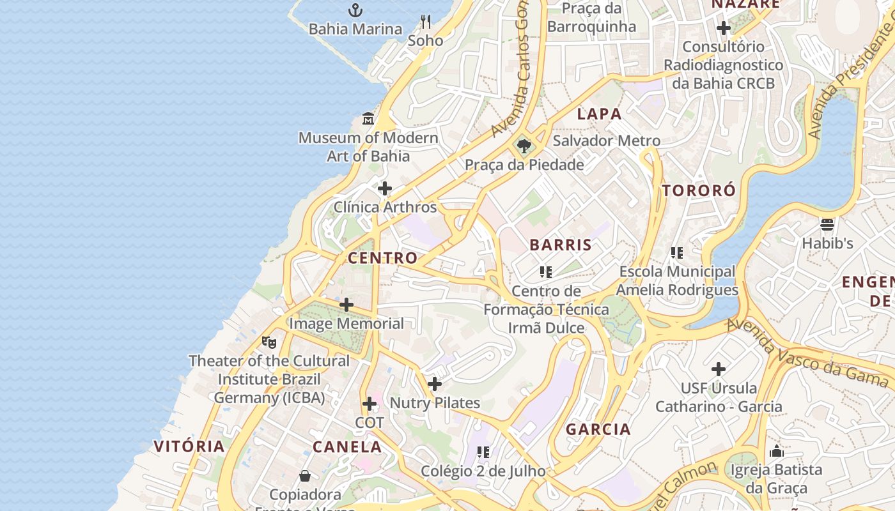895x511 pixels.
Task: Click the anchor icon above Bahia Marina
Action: (x=355, y=10)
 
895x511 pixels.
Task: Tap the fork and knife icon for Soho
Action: (x=426, y=22)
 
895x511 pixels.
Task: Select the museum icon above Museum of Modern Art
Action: (x=368, y=119)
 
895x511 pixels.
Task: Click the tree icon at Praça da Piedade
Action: (x=524, y=146)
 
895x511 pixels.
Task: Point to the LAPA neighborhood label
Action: (x=599, y=114)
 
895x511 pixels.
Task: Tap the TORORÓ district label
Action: (x=699, y=190)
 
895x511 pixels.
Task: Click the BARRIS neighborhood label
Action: (x=561, y=245)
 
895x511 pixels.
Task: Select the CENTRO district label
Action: (x=382, y=258)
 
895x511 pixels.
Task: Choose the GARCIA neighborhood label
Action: (x=598, y=429)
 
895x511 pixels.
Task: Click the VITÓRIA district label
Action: (x=189, y=446)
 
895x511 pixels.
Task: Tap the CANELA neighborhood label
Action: (x=347, y=447)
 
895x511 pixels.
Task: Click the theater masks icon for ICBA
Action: (x=269, y=342)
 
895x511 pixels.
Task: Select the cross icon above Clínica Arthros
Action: (x=385, y=188)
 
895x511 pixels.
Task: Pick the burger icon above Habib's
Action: (x=827, y=224)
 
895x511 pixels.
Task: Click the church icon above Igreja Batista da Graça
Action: (x=777, y=451)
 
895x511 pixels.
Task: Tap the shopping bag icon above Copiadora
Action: (x=305, y=476)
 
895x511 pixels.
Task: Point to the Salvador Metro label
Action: (x=606, y=141)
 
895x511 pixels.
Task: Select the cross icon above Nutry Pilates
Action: (x=435, y=384)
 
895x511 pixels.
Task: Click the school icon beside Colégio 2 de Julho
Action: (x=483, y=452)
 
